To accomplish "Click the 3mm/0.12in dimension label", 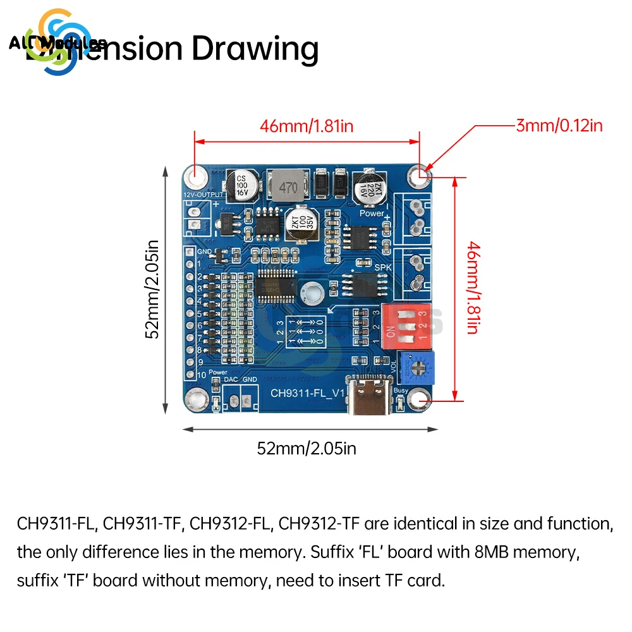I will point(559,125).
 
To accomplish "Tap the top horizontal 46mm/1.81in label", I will point(307,126).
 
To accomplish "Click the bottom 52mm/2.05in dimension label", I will point(307,449).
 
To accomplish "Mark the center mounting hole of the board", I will point(310,291).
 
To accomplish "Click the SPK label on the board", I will point(384,268).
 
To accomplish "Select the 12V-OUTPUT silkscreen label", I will point(202,195).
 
